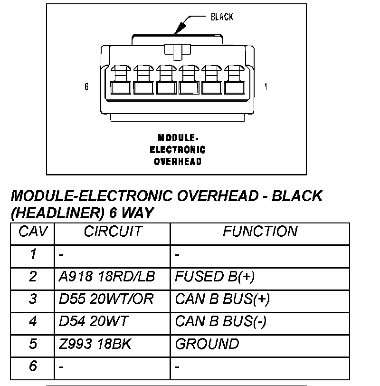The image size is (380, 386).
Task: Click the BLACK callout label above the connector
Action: click(222, 17)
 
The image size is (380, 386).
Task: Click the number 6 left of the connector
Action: click(86, 87)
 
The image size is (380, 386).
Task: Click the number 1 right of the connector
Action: click(266, 87)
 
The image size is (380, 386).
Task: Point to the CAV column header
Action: click(33, 232)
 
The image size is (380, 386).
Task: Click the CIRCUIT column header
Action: click(113, 232)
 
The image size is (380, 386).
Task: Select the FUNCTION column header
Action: click(260, 232)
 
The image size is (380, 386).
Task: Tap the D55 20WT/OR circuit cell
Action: click(106, 299)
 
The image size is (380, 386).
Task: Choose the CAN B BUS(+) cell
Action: click(222, 299)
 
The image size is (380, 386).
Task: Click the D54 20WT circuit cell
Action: click(94, 321)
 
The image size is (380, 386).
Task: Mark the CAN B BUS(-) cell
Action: click(221, 321)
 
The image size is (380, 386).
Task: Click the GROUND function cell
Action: click(207, 344)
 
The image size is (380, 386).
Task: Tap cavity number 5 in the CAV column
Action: click(33, 344)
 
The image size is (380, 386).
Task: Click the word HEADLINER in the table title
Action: click(53, 213)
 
